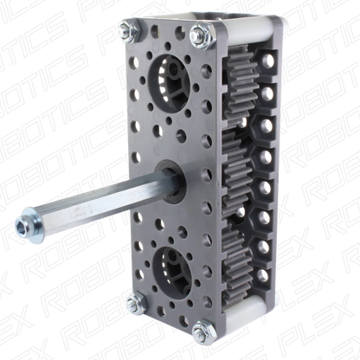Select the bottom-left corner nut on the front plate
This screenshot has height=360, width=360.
(x=132, y=303)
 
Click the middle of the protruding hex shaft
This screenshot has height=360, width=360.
(x=95, y=202)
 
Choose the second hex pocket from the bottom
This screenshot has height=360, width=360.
(x=270, y=242)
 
